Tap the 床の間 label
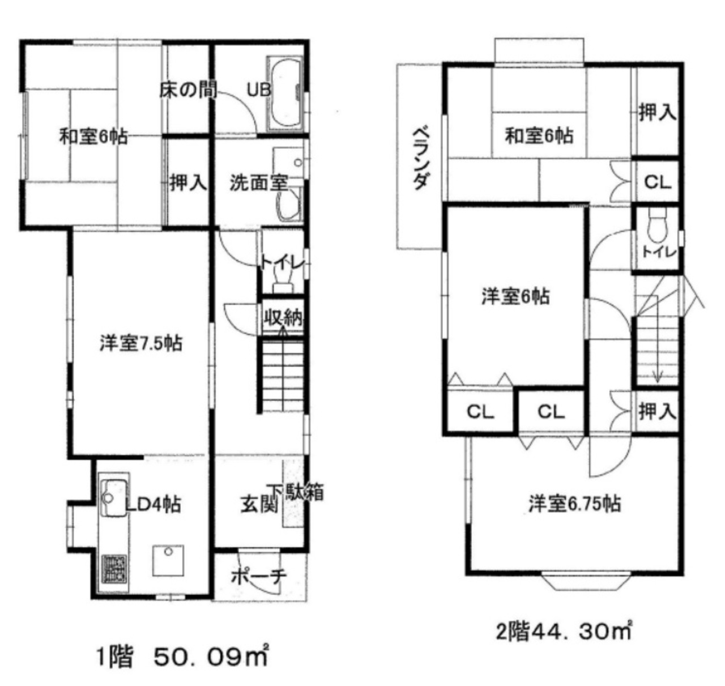(187, 90)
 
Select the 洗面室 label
(259, 183)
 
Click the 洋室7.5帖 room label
(141, 344)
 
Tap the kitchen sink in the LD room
(114, 498)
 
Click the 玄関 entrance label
(259, 505)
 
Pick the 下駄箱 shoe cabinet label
(296, 492)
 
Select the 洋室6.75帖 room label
(574, 504)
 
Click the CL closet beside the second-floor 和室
(657, 182)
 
